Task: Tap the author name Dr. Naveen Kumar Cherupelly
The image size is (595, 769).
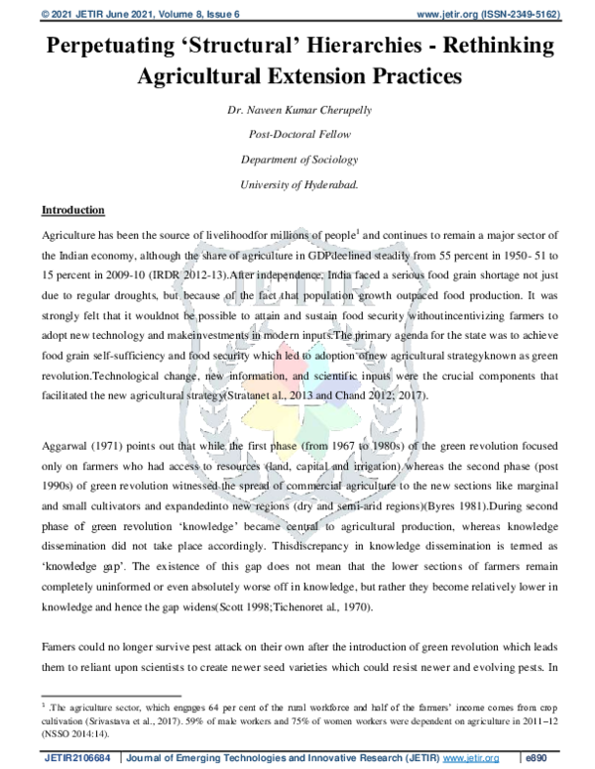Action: (x=297, y=108)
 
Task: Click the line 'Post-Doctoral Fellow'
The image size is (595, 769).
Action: (x=297, y=134)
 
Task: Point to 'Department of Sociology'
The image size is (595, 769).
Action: (x=297, y=159)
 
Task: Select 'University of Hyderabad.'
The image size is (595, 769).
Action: (x=297, y=183)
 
